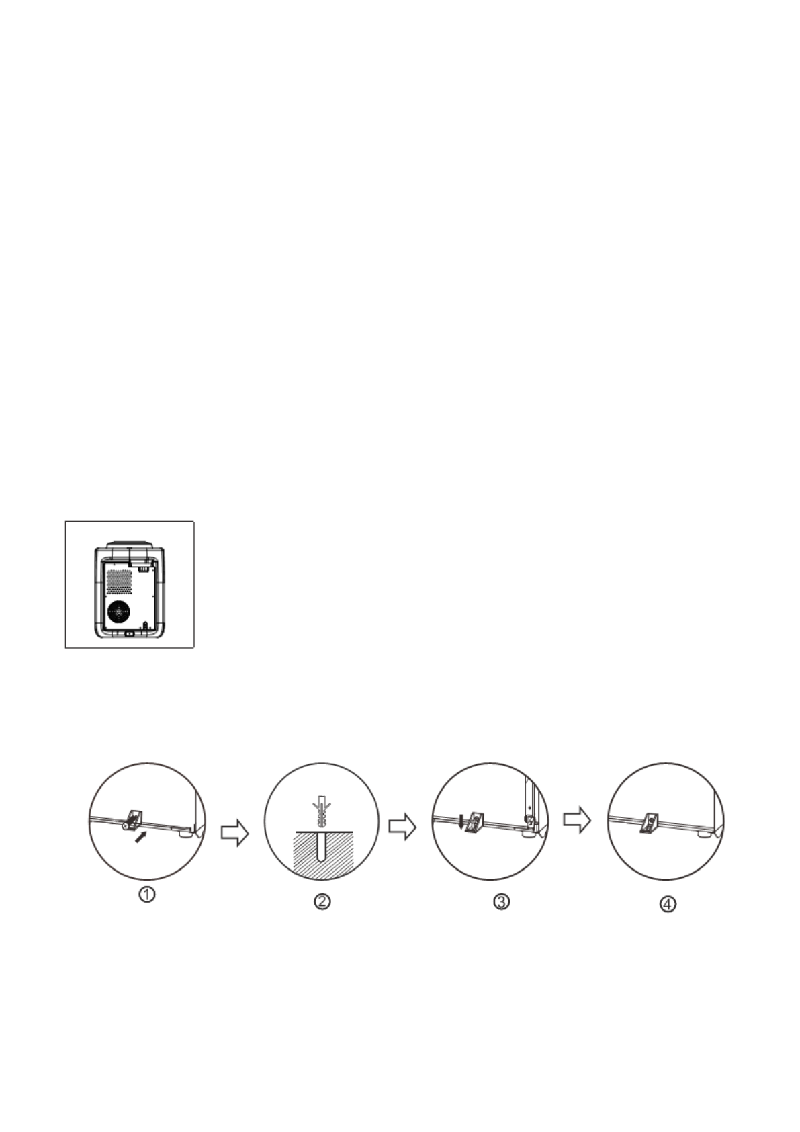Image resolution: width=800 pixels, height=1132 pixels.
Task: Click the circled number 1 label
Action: coord(147,895)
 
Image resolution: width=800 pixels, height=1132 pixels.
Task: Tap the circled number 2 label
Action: coord(322,901)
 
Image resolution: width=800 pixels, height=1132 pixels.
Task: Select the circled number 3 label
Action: coord(502,901)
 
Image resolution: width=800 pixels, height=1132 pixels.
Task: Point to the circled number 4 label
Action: coord(667,905)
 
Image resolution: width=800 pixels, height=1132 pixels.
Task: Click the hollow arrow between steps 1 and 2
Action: coord(234,833)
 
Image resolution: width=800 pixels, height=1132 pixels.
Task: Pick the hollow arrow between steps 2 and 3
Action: coord(402,826)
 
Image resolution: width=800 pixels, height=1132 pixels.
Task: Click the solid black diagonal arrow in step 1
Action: coord(140,839)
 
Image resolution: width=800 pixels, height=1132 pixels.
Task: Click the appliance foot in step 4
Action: coord(703,834)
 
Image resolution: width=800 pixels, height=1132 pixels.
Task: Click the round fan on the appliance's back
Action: coord(119,612)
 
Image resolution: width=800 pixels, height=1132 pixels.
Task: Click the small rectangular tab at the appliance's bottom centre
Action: coord(130,632)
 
